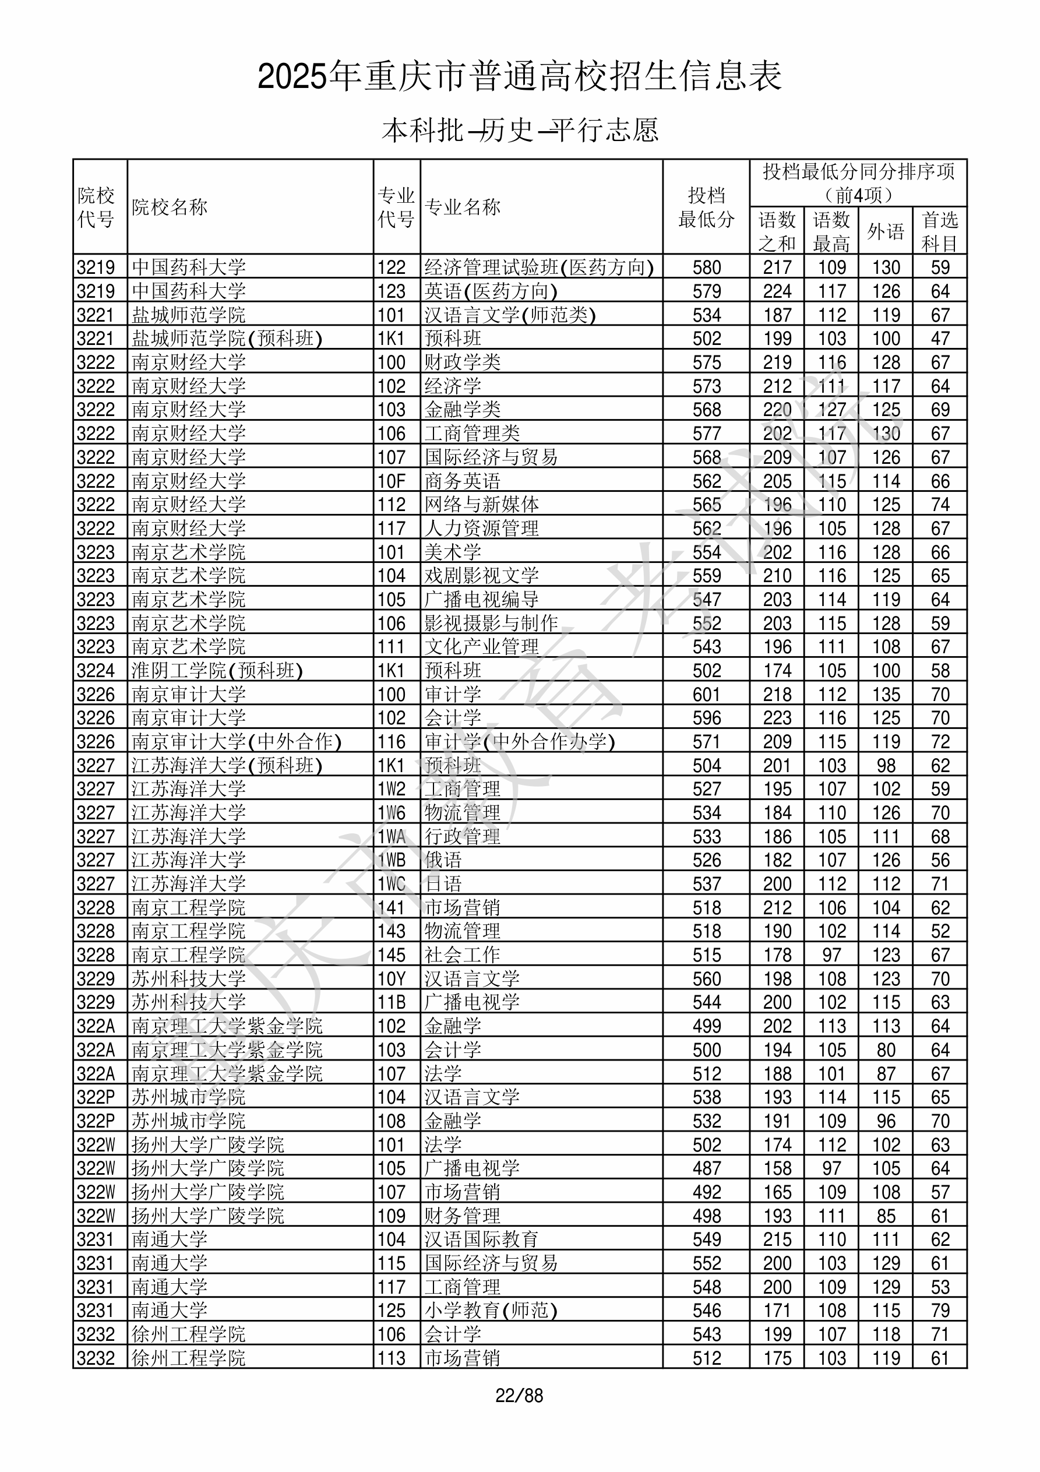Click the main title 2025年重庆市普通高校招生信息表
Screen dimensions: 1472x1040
(x=519, y=76)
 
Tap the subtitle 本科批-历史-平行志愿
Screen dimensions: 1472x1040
(x=519, y=130)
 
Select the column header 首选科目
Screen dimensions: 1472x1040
(x=939, y=231)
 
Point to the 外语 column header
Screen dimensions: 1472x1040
(x=886, y=231)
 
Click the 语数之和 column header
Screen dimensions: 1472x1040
(x=777, y=231)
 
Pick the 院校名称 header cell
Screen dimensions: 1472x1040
(x=170, y=207)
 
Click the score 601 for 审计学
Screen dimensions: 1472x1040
(x=706, y=694)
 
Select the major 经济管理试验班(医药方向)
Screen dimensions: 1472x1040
(x=538, y=267)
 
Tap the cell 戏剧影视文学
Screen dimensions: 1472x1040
(x=481, y=576)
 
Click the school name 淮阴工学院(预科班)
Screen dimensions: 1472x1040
(x=217, y=671)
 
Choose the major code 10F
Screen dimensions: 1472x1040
(x=391, y=481)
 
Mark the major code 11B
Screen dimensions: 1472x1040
(x=391, y=1002)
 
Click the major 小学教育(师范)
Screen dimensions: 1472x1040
(x=491, y=1311)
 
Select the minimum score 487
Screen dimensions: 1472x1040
(x=706, y=1168)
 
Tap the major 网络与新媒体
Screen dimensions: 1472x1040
(x=481, y=505)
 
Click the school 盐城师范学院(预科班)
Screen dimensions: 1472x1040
(x=226, y=339)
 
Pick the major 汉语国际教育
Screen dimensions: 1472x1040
(x=481, y=1239)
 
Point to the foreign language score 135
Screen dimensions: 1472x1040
(x=886, y=694)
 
